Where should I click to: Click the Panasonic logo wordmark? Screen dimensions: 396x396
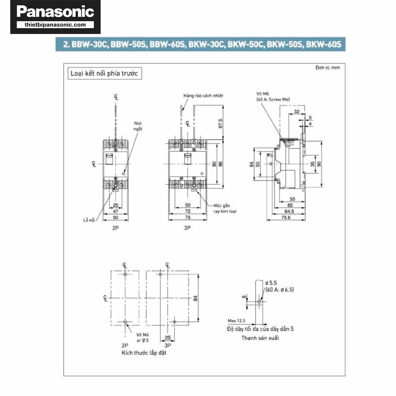coord(55,12)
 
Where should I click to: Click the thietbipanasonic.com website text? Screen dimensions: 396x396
coord(55,25)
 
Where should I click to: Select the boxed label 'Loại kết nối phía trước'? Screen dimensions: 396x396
coord(104,73)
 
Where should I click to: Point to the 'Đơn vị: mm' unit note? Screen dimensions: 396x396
coord(327,68)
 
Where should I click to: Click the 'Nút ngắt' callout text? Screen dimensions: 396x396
coord(138,126)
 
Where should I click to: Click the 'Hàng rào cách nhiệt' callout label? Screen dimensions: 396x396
coord(203,96)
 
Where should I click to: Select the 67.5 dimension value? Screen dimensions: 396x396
coord(220,124)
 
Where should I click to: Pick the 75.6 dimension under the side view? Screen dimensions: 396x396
coord(286,217)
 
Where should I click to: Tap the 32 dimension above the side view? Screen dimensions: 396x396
coord(296,112)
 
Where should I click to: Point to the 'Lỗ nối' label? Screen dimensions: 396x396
coord(89,220)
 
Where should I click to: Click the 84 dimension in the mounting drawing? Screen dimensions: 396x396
coord(195,298)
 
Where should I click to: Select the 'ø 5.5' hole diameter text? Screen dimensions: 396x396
coord(271,283)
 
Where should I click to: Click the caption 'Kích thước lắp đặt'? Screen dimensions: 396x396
coord(144,353)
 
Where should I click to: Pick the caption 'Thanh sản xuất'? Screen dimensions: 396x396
coord(260,338)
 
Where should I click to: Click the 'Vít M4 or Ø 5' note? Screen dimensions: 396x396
coord(143,338)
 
